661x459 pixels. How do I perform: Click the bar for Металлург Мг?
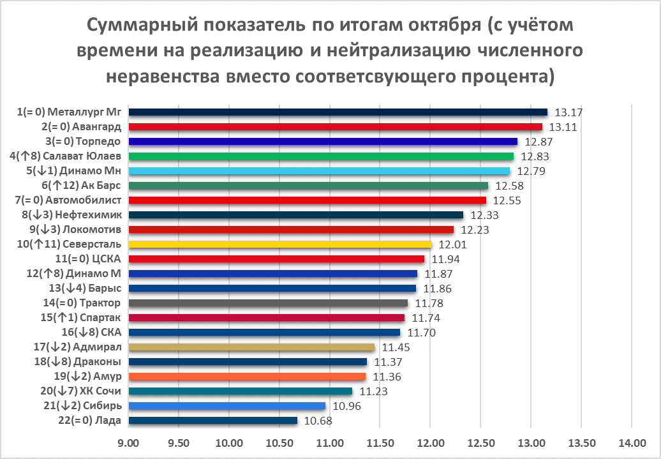pyautogui.click(x=338, y=112)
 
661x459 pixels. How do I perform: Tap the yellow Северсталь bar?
pyautogui.click(x=279, y=245)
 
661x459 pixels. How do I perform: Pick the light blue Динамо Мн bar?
pyautogui.click(x=319, y=171)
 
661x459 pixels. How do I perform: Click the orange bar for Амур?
pyautogui.click(x=247, y=377)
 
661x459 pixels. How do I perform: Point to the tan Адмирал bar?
pyautogui.click(x=251, y=347)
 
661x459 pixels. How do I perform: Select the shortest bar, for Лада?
pyautogui.click(x=213, y=421)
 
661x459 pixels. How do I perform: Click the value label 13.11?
pyautogui.click(x=563, y=127)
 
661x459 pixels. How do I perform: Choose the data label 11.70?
pyautogui.click(x=421, y=333)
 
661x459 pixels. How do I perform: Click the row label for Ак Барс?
pyautogui.click(x=81, y=186)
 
